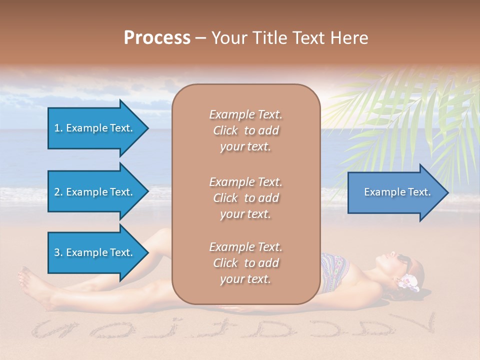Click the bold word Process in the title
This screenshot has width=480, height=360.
(x=156, y=37)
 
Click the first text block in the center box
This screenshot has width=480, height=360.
(x=245, y=130)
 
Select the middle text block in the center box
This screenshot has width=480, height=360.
(x=245, y=198)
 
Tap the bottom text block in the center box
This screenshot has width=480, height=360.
(x=245, y=263)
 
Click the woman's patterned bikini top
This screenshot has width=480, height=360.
(x=333, y=272)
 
